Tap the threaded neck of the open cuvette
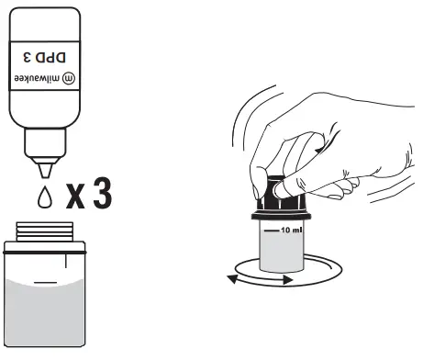[46, 233]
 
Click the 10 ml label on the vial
[290, 229]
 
